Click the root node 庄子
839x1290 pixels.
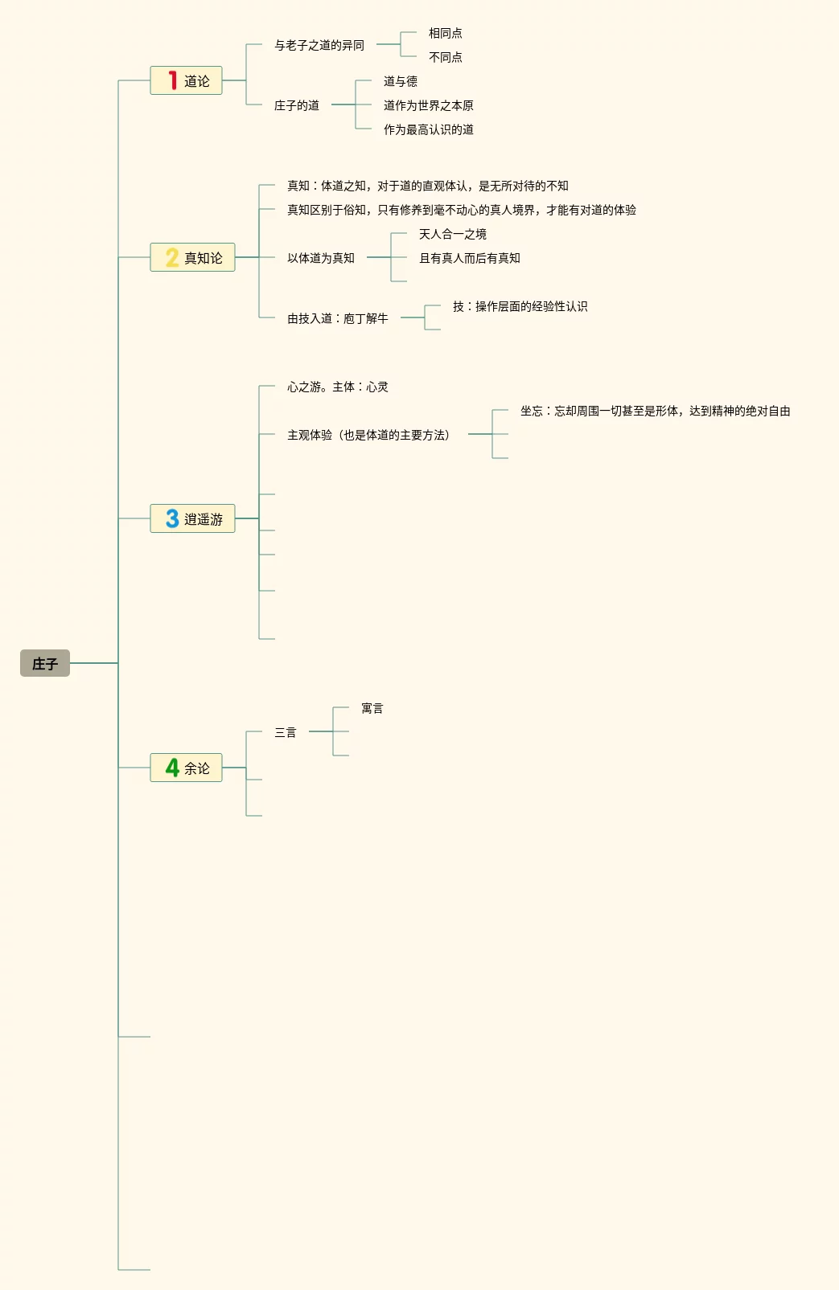pyautogui.click(x=45, y=663)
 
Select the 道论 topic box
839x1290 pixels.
pyautogui.click(x=186, y=80)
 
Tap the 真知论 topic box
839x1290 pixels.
pyautogui.click(x=192, y=257)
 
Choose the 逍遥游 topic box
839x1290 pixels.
pyautogui.click(x=192, y=518)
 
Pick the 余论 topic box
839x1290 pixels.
pyautogui.click(x=186, y=768)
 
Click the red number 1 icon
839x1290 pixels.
pyautogui.click(x=172, y=80)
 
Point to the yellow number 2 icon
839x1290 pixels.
pyautogui.click(x=172, y=257)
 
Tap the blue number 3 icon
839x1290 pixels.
pyautogui.click(x=172, y=518)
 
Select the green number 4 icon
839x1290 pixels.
pyautogui.click(x=172, y=768)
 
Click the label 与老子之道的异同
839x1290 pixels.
pyautogui.click(x=319, y=45)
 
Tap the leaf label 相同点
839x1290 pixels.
pyautogui.click(x=446, y=33)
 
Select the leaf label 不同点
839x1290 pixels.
pyautogui.click(x=446, y=57)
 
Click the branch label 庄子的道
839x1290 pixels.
pyautogui.click(x=297, y=105)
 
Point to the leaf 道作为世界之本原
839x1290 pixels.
pyautogui.click(x=429, y=105)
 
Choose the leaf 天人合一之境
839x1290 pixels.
pyautogui.click(x=453, y=234)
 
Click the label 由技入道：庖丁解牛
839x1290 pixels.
pyautogui.click(x=338, y=318)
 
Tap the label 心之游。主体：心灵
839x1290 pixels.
pyautogui.click(x=338, y=387)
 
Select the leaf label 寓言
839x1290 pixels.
pyautogui.click(x=372, y=708)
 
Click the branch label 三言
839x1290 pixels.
pyautogui.click(x=286, y=732)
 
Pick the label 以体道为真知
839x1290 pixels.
pyautogui.click(x=321, y=258)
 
